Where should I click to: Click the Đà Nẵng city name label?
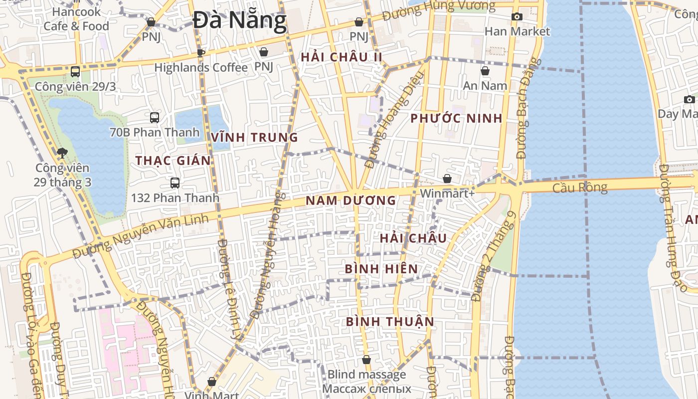(x=240, y=21)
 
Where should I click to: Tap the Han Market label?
(x=517, y=31)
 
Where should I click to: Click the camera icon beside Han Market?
(x=517, y=16)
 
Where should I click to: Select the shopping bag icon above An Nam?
(x=485, y=71)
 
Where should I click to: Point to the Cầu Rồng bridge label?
(x=580, y=188)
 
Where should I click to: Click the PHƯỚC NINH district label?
(x=456, y=119)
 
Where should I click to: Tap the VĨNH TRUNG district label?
(x=254, y=137)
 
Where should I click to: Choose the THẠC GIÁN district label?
(x=173, y=161)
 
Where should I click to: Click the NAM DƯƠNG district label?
(x=350, y=200)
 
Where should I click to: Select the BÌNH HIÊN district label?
(x=381, y=269)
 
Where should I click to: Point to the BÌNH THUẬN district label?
(x=390, y=321)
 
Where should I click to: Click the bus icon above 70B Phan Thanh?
(x=155, y=118)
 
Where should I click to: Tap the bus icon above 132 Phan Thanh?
(x=175, y=183)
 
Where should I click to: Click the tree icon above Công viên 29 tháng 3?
(x=62, y=153)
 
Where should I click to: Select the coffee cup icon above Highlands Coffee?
(x=200, y=53)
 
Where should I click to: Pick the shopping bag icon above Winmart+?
(x=447, y=179)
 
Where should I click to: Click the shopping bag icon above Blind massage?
(x=366, y=360)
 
